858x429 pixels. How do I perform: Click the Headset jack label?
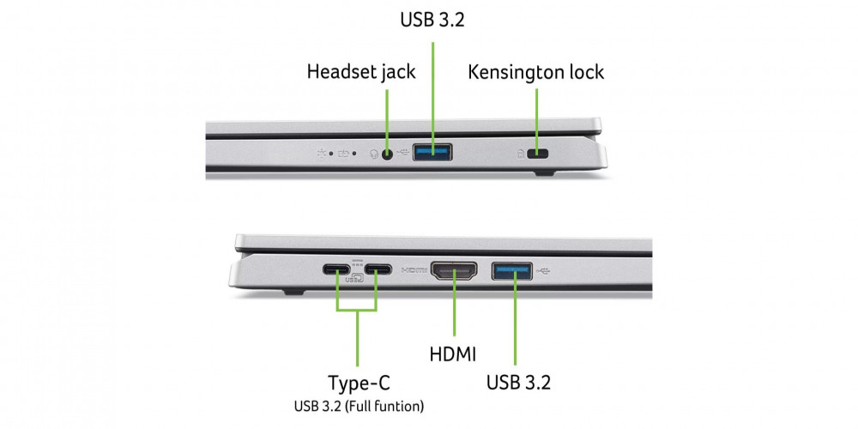click(x=361, y=72)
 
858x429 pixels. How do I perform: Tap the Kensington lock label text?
click(x=536, y=72)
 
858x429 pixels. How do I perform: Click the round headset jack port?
click(x=388, y=154)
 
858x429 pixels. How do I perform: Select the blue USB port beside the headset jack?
click(x=432, y=152)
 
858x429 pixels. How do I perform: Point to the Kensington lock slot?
click(x=537, y=154)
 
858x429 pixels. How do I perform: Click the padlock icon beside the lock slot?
click(x=521, y=154)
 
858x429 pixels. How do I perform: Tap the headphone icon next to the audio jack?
click(x=374, y=154)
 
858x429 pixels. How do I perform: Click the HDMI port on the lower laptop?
click(x=454, y=271)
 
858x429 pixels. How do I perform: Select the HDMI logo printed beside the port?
click(x=414, y=269)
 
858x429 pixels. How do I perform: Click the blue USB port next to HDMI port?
click(x=512, y=271)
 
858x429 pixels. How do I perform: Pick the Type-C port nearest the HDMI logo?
click(x=378, y=269)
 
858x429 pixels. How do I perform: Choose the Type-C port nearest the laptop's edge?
click(x=336, y=269)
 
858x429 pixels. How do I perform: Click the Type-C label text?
click(x=359, y=383)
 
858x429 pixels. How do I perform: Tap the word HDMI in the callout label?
click(x=452, y=354)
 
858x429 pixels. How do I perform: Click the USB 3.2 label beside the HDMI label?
click(x=519, y=383)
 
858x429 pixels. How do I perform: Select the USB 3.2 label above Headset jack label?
click(x=432, y=20)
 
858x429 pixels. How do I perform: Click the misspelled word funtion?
click(x=399, y=407)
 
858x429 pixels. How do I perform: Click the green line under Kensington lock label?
click(x=536, y=118)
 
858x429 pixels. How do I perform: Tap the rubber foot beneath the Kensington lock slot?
click(x=545, y=173)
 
